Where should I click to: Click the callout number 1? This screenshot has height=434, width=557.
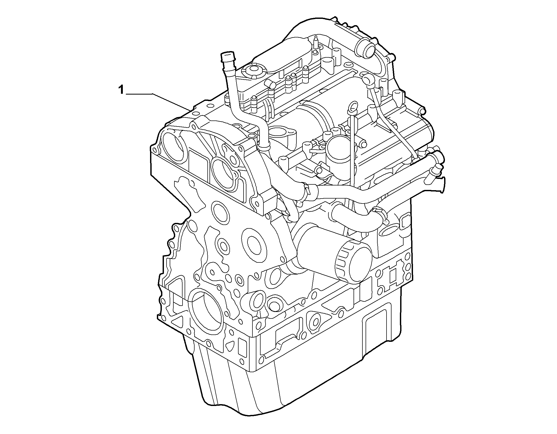(121, 90)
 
